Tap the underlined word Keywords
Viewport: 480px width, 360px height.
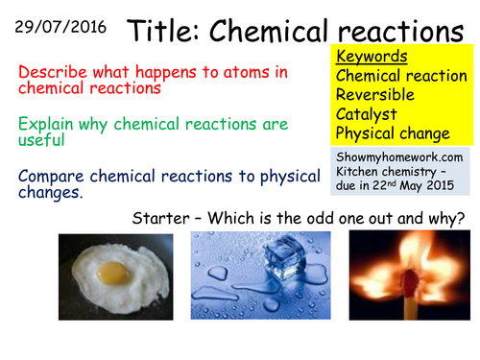tap(372, 57)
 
